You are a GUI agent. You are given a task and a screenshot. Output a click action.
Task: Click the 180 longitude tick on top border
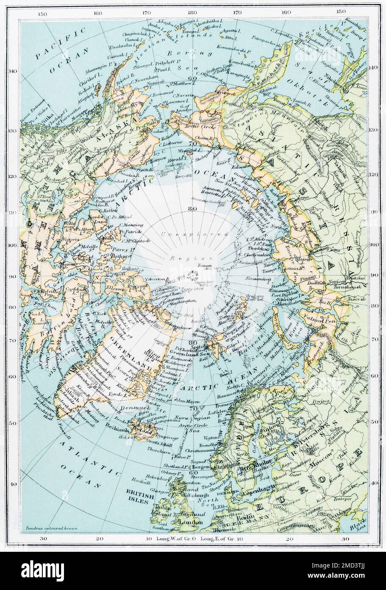(194, 13)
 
